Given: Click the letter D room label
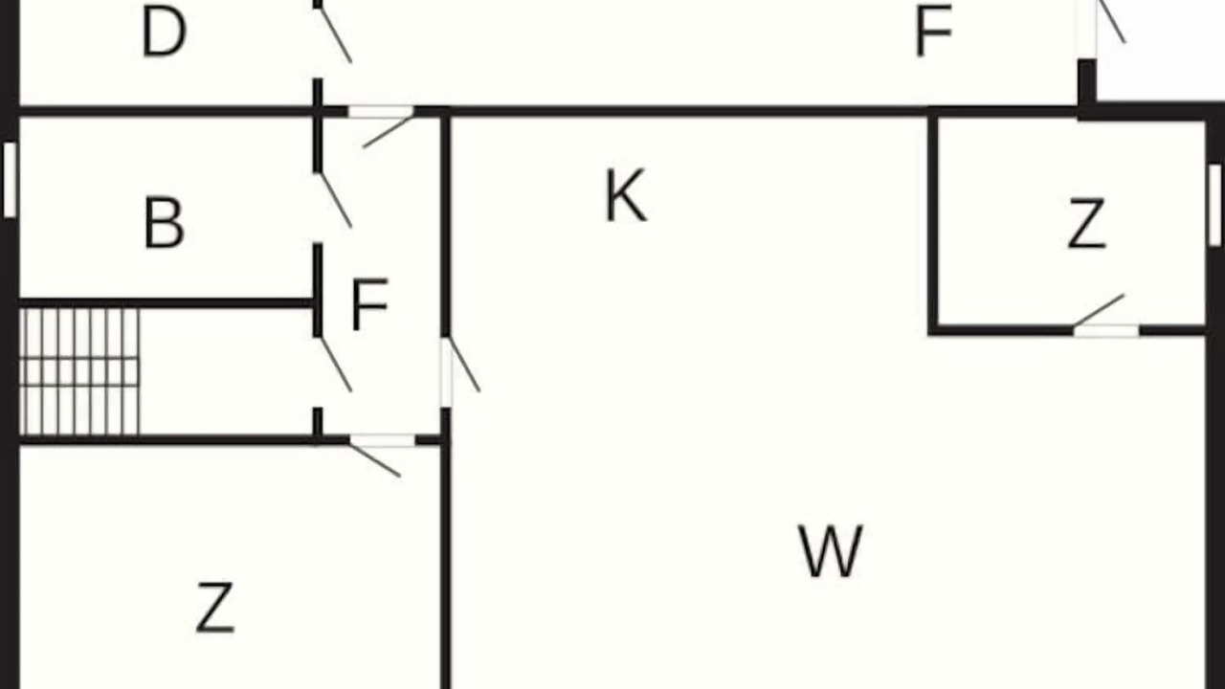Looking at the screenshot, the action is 164,33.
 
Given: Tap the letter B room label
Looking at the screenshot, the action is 164,223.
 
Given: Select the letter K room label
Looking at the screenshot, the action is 626,195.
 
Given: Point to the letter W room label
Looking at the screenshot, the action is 831,550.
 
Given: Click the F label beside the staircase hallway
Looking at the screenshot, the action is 369,304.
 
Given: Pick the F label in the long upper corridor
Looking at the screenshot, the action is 933,32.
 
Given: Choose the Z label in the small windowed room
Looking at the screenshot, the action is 1087,225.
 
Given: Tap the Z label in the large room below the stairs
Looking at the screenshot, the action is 215,608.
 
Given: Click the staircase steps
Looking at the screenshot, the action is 79,372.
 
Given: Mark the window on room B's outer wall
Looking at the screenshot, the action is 10,180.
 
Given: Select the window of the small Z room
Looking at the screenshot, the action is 1215,205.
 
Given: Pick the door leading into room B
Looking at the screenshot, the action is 335,200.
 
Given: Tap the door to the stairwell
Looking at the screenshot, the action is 335,365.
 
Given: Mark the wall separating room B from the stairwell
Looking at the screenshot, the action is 167,303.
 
